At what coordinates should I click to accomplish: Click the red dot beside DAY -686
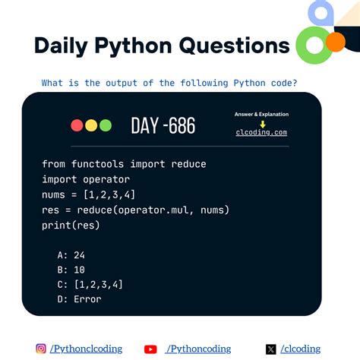pyautogui.click(x=76, y=125)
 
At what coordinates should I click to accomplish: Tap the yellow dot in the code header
pyautogui.click(x=90, y=125)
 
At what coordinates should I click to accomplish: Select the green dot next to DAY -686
pyautogui.click(x=105, y=125)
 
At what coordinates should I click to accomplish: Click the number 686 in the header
pyautogui.click(x=180, y=125)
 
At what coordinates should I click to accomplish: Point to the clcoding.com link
pyautogui.click(x=261, y=132)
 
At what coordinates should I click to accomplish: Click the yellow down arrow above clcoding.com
pyautogui.click(x=262, y=123)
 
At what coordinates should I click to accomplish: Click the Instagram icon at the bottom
pyautogui.click(x=41, y=349)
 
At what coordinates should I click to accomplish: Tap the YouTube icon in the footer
pyautogui.click(x=150, y=349)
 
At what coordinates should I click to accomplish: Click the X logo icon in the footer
pyautogui.click(x=271, y=349)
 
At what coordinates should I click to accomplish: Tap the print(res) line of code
pyautogui.click(x=71, y=225)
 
